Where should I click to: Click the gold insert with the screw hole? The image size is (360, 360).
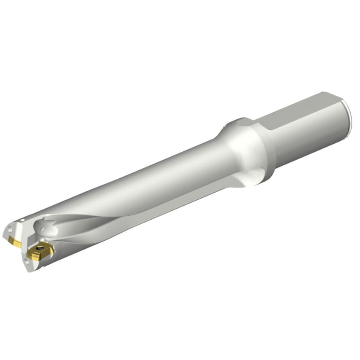click(40, 251)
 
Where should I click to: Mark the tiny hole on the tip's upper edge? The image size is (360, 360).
click(21, 220)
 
